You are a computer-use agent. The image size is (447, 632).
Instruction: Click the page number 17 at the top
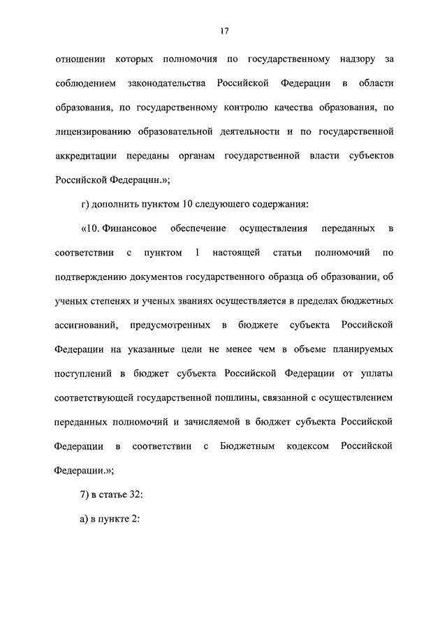coord(223,31)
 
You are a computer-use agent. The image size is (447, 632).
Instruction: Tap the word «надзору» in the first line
coord(337,61)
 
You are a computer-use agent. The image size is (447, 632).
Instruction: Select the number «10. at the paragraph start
coord(92,228)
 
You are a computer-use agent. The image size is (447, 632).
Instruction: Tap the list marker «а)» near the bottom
coord(85,519)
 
